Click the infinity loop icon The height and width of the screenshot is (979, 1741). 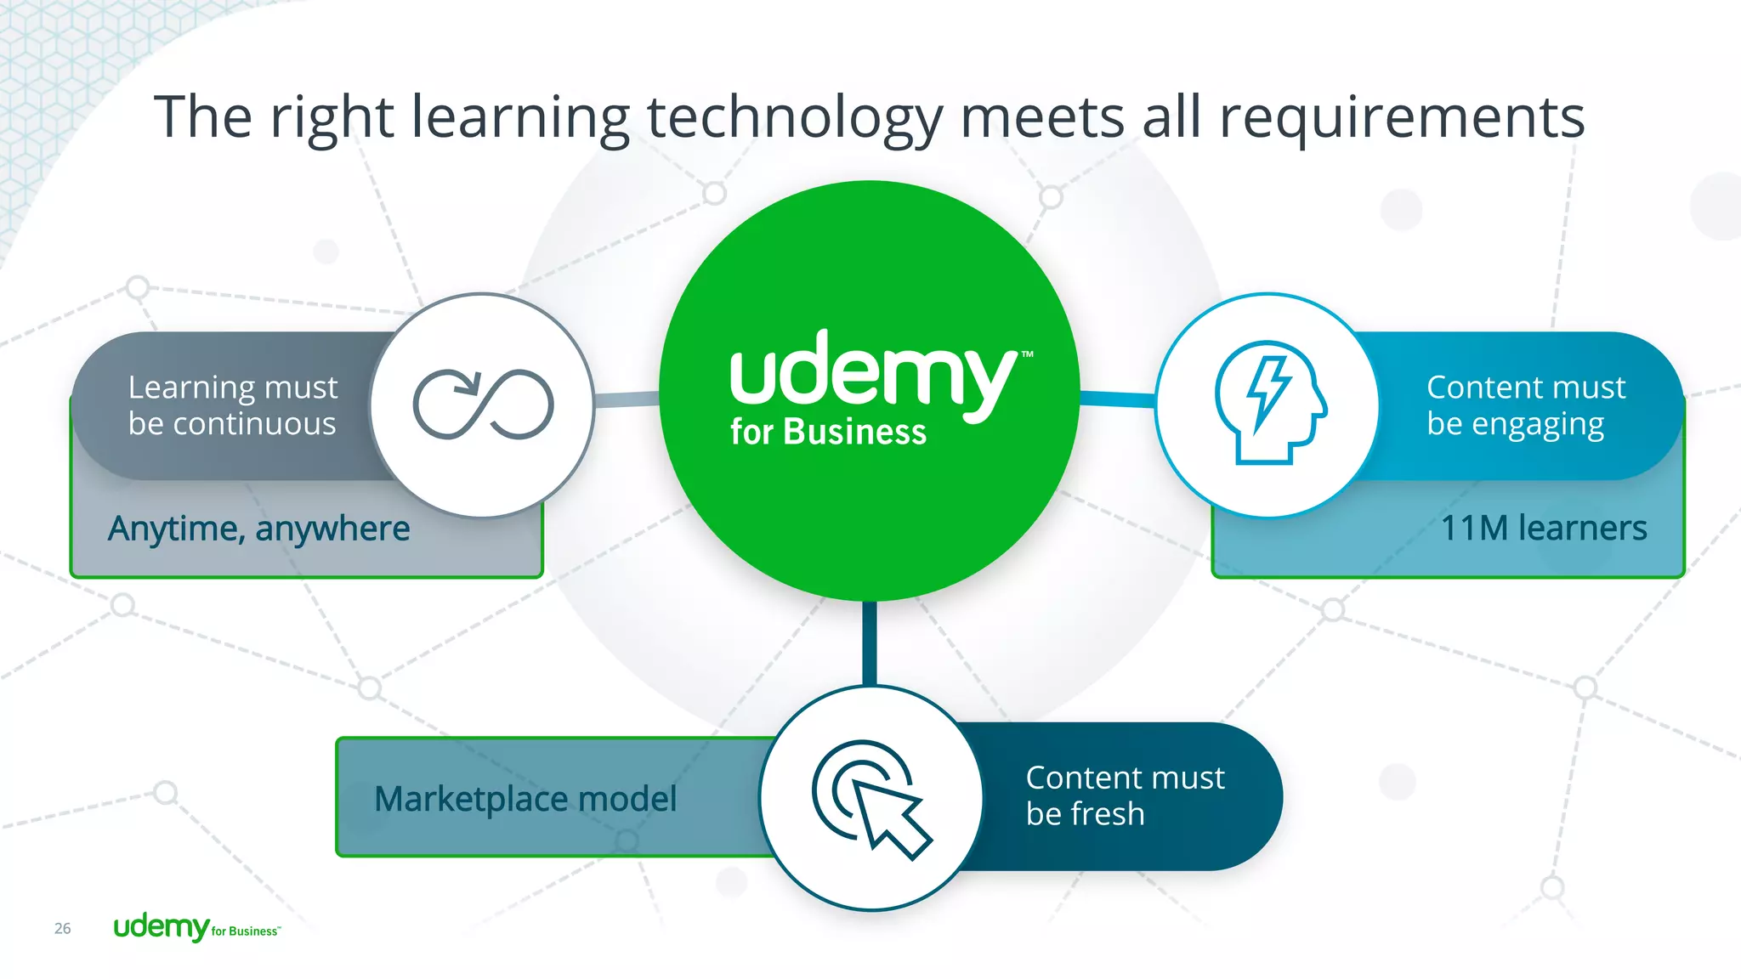pyautogui.click(x=483, y=405)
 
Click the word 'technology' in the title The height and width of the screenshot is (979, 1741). pyautogui.click(x=795, y=117)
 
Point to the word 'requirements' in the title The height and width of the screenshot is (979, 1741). pyautogui.click(x=1402, y=117)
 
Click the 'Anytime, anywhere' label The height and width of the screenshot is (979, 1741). pyautogui.click(x=259, y=529)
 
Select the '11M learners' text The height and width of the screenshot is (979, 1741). pyautogui.click(x=1544, y=528)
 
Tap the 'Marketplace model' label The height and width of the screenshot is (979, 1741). pyautogui.click(x=525, y=799)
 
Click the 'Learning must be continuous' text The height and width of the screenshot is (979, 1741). pyautogui.click(x=232, y=405)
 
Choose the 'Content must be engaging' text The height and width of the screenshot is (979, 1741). pyautogui.click(x=1525, y=405)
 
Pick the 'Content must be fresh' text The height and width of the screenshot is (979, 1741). pyautogui.click(x=1125, y=795)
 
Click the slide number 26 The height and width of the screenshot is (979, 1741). pyautogui.click(x=63, y=928)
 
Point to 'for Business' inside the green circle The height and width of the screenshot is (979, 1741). pyautogui.click(x=828, y=433)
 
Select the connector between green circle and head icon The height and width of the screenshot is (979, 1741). pyautogui.click(x=1117, y=399)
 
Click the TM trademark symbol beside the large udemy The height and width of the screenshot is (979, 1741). pyautogui.click(x=1028, y=354)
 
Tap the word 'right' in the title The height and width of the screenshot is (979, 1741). pyautogui.click(x=332, y=117)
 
